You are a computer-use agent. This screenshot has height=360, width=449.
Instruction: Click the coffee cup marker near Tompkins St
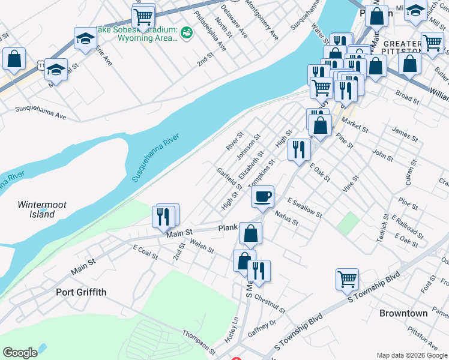click(x=262, y=197)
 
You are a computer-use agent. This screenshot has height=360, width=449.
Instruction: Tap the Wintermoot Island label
click(x=41, y=209)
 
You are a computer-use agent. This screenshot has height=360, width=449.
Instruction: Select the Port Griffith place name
click(x=81, y=292)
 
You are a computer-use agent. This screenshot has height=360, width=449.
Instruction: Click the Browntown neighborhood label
click(x=403, y=313)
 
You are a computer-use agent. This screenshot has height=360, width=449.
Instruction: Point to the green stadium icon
click(x=186, y=32)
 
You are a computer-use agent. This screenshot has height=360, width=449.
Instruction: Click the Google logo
click(x=20, y=353)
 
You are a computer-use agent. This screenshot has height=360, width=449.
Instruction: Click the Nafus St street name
click(x=286, y=217)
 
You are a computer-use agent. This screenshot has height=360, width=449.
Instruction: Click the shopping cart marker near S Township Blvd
click(x=347, y=279)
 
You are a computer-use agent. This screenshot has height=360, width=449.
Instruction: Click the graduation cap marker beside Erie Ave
click(x=85, y=39)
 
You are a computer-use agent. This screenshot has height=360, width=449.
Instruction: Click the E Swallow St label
click(x=304, y=208)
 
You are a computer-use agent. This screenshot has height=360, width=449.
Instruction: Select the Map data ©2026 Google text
click(x=411, y=355)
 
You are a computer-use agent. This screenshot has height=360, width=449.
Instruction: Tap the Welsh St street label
click(x=202, y=246)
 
